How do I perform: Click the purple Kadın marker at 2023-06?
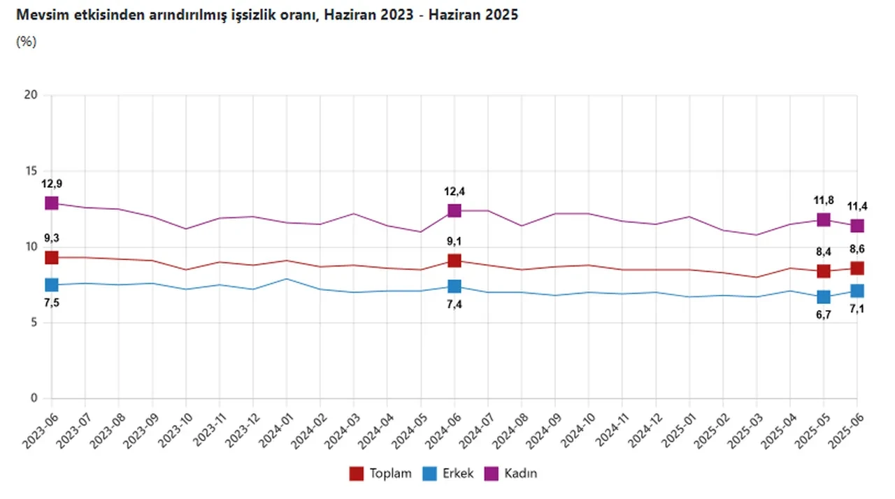51,203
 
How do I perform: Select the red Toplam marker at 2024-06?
454,261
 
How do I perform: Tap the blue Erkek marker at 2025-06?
857,291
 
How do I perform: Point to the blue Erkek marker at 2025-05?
824,297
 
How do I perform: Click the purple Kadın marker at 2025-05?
824,219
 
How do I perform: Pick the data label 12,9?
51,184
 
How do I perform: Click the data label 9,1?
454,242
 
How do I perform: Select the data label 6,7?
824,316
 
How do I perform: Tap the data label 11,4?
857,206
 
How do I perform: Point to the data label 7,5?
51,303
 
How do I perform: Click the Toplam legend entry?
381,474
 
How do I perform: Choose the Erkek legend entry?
448,474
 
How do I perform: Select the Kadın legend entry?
512,474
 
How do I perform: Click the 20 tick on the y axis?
29,95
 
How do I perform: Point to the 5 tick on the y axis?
32,323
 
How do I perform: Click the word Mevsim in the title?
38,14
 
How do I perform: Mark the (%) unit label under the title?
26,41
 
